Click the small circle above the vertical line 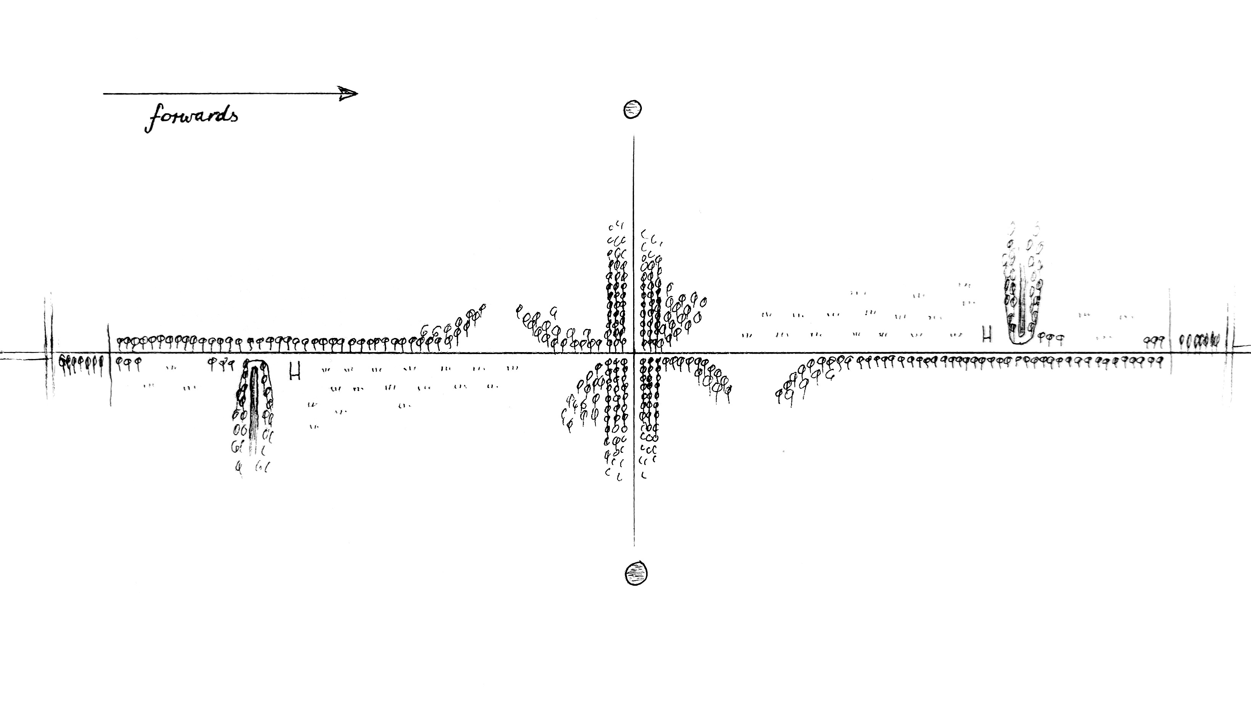[x=632, y=109]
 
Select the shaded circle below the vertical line [x=636, y=573]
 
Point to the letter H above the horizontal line [x=986, y=335]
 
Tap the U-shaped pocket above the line [x=1022, y=311]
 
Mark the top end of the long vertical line [x=634, y=137]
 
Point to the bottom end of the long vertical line [x=634, y=545]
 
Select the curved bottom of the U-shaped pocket [x=1022, y=341]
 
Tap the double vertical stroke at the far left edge [x=48, y=348]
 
